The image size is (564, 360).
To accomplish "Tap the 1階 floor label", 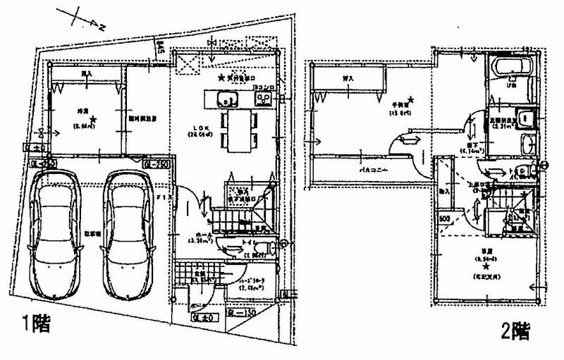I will click(x=35, y=325).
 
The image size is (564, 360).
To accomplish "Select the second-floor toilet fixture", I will click(x=520, y=170).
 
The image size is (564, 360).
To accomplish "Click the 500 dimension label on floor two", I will click(x=445, y=219).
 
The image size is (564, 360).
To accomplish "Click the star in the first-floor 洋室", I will click(x=92, y=120).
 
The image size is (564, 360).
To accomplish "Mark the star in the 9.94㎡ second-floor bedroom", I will click(x=486, y=267).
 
